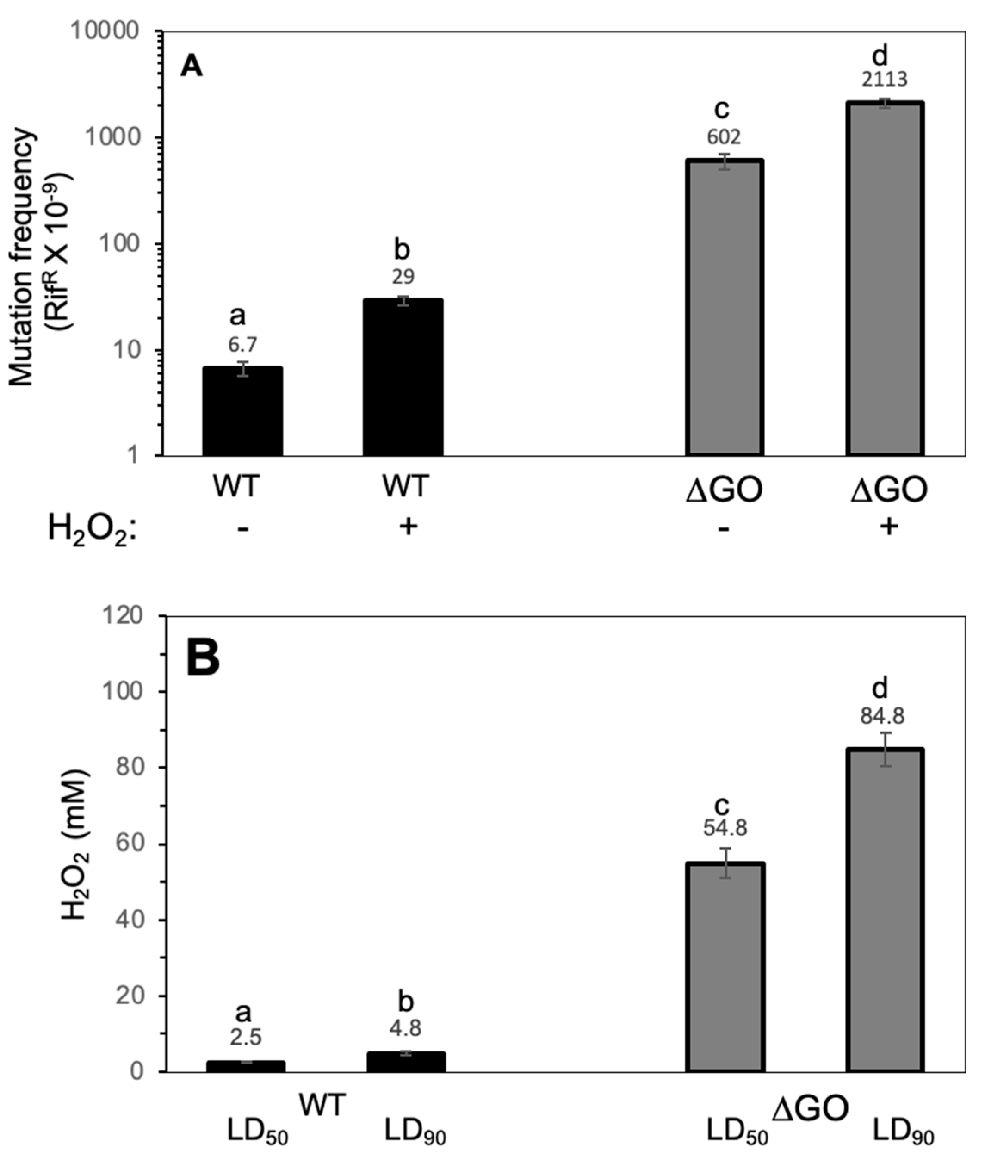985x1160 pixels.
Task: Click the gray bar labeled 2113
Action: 885,279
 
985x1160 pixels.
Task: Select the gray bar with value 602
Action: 724,307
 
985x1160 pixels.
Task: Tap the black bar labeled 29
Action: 403,377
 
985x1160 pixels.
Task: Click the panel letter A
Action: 192,68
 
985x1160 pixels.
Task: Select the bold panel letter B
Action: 203,658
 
